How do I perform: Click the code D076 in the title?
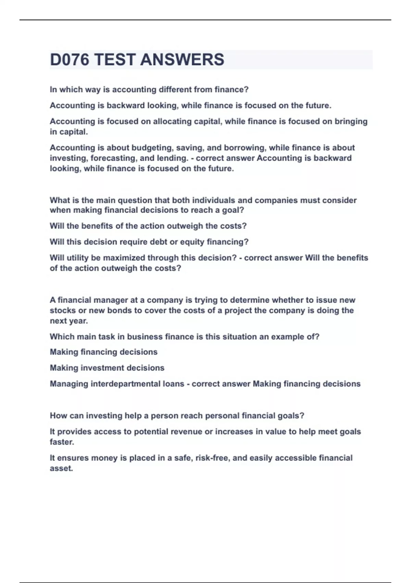[x=70, y=60]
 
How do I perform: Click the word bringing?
[x=351, y=121]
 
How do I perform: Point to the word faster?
[x=62, y=442]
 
